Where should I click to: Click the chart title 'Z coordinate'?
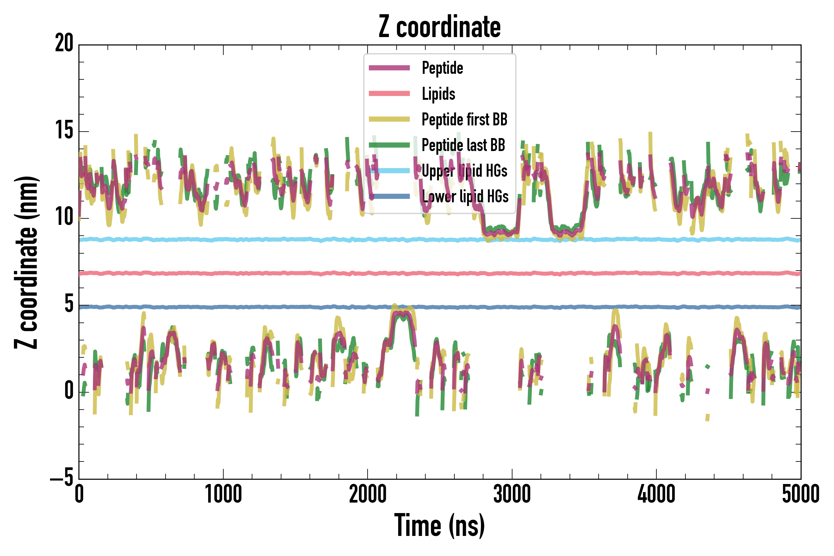[439, 27]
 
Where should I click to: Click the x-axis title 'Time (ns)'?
[439, 525]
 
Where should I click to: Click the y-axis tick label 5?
[69, 304]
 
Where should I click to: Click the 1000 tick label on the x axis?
[223, 494]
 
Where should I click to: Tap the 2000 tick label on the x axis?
[368, 494]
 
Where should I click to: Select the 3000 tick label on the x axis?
[512, 494]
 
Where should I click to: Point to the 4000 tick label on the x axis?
[656, 494]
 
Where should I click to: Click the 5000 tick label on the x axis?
[801, 494]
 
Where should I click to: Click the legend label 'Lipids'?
[438, 94]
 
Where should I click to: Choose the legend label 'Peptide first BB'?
[465, 120]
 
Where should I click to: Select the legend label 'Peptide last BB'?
[463, 145]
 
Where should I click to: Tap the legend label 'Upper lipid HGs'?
[465, 171]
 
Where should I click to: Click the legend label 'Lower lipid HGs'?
[465, 196]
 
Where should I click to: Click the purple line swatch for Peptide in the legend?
[389, 68]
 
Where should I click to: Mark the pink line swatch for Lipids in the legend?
[389, 94]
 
